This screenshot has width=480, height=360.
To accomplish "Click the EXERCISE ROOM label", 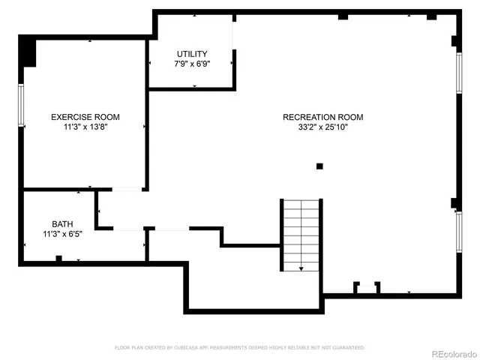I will [85, 117].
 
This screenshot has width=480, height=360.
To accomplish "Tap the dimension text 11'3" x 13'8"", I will [85, 127].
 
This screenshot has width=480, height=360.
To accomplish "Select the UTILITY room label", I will [192, 54].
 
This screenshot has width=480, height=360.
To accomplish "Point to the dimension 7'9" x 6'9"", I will [192, 64].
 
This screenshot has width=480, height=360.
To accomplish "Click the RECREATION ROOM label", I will [322, 117].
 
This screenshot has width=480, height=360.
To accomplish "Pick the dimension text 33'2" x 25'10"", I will [322, 127].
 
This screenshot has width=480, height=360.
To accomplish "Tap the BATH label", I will [62, 224].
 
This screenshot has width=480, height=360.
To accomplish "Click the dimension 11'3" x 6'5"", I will [62, 235].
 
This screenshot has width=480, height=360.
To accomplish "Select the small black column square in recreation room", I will [319, 166].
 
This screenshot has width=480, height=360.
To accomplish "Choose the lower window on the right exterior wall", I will [459, 232].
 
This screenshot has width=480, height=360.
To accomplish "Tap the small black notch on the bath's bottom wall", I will [58, 259].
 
